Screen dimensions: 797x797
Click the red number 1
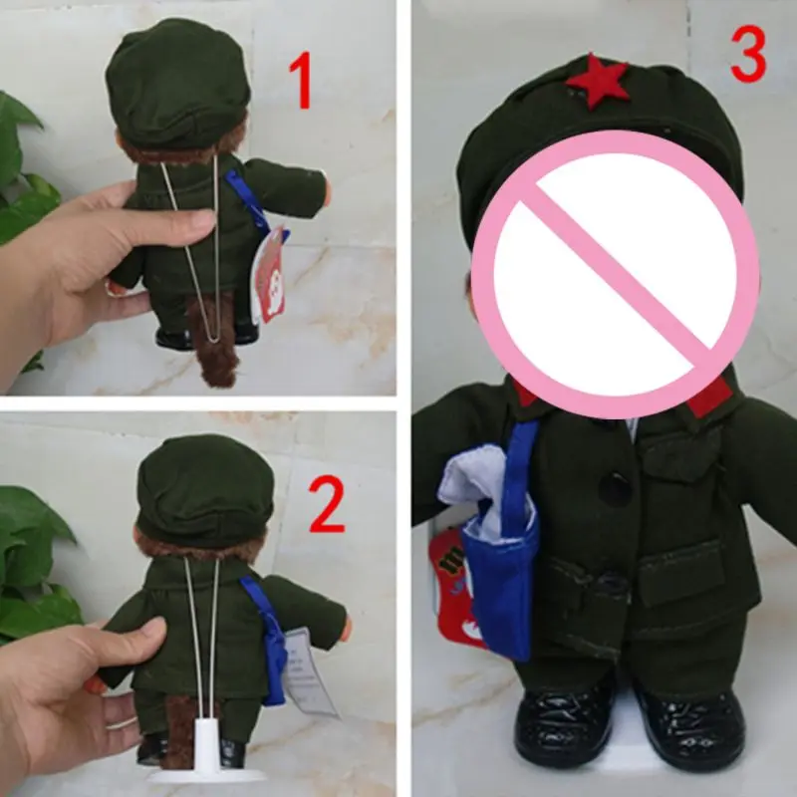click(301, 82)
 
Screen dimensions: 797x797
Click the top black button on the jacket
click(615, 489)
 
